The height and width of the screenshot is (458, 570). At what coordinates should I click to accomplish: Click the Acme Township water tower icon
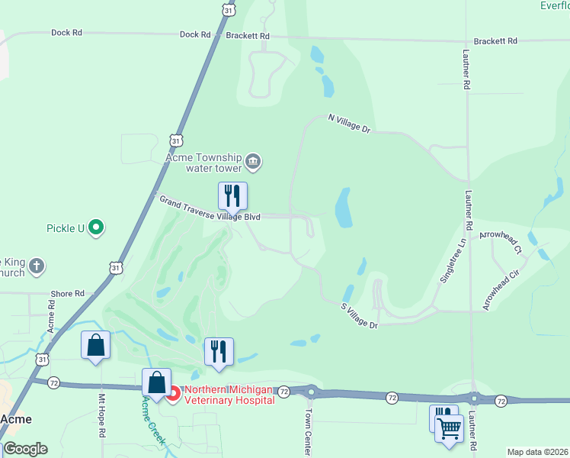coord(255,162)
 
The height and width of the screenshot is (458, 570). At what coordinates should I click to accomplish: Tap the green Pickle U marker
coord(96,227)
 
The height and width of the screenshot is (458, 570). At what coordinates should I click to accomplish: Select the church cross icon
coord(37,267)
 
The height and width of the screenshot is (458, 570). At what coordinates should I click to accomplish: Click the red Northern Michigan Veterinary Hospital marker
coord(174,394)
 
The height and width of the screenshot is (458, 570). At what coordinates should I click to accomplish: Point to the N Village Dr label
coord(348,124)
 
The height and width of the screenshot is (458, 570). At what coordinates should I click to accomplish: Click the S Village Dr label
coord(359,314)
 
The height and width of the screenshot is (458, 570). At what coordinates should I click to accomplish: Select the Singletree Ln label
coord(451,261)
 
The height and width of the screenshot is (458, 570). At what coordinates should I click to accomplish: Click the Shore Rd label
coord(68,293)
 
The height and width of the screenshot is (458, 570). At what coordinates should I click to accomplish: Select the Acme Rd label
coord(51,314)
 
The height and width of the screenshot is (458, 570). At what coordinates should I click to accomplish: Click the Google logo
coord(24,449)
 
